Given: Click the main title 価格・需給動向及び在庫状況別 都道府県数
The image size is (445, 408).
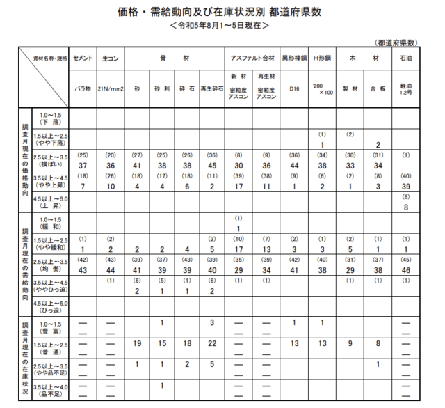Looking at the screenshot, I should pyautogui.click(x=222, y=12).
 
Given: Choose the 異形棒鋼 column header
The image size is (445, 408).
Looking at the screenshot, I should pyautogui.click(x=294, y=59).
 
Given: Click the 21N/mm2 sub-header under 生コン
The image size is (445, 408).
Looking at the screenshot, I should pyautogui.click(x=111, y=90).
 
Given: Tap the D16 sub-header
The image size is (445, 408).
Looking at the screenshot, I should pyautogui.click(x=294, y=90).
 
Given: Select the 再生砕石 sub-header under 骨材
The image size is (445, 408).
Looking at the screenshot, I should pyautogui.click(x=211, y=90).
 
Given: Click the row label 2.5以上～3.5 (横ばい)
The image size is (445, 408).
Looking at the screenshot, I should pyautogui.click(x=50, y=161).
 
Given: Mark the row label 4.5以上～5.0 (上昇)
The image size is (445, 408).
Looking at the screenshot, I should pyautogui.click(x=50, y=202).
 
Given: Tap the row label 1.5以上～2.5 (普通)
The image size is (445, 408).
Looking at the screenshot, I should pyautogui.click(x=50, y=345).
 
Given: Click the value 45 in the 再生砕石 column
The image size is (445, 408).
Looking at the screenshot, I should pyautogui.click(x=211, y=166).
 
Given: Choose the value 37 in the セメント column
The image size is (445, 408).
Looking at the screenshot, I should pyautogui.click(x=83, y=166).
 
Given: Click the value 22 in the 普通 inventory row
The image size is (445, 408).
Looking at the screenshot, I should pyautogui.click(x=211, y=344).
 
